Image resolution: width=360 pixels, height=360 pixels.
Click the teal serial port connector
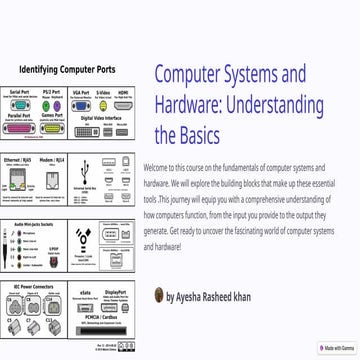(19, 104)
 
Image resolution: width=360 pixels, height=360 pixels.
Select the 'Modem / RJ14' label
(51, 158)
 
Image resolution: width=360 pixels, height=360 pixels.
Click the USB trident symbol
(86, 170)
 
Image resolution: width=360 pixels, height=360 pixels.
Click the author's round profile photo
(159, 296)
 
